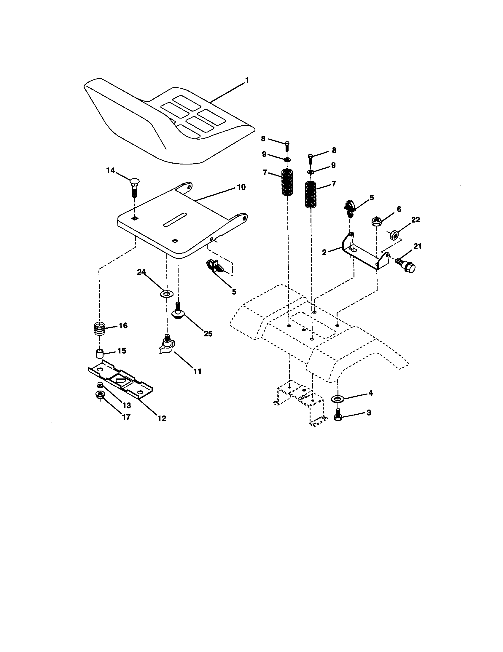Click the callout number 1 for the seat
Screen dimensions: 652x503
click(247, 80)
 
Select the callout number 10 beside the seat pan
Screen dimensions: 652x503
click(241, 187)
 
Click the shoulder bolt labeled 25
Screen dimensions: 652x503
click(178, 313)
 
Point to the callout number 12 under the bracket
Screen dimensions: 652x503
click(162, 418)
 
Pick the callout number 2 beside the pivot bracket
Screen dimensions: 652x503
click(325, 252)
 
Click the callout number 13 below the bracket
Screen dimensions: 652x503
click(127, 405)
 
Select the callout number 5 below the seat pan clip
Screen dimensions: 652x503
click(234, 292)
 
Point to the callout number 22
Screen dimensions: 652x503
click(415, 220)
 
